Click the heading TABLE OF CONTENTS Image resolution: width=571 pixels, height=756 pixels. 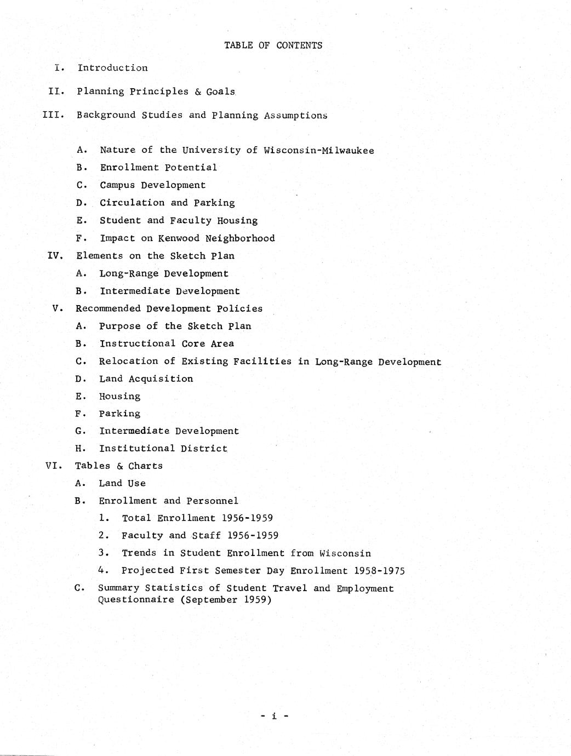tap(273, 45)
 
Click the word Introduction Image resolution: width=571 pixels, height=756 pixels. tap(112, 68)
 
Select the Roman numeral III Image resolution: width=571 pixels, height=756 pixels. tap(53, 115)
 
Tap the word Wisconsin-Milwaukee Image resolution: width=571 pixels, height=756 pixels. tap(319, 150)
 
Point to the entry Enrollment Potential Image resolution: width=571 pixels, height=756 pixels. tap(158, 168)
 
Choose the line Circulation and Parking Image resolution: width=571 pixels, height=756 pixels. tap(167, 203)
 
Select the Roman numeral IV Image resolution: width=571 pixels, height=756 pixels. tap(55, 256)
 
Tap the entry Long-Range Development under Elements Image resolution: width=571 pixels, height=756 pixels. tap(164, 273)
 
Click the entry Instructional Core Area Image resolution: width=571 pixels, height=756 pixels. tap(167, 343)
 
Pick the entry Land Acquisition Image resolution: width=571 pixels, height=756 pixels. tap(146, 379)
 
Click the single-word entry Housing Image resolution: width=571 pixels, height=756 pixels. tap(119, 396)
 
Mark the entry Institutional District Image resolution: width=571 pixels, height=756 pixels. tap(163, 448)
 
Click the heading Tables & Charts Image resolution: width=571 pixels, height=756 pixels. tap(119, 466)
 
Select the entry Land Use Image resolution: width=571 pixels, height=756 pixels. tap(122, 483)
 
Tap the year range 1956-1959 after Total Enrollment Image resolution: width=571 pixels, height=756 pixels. tap(247, 518)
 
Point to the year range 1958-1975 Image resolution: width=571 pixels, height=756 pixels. tap(379, 571)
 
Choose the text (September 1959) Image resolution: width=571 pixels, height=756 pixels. tap(225, 600)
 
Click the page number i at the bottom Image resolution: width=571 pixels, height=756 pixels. tap(273, 715)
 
